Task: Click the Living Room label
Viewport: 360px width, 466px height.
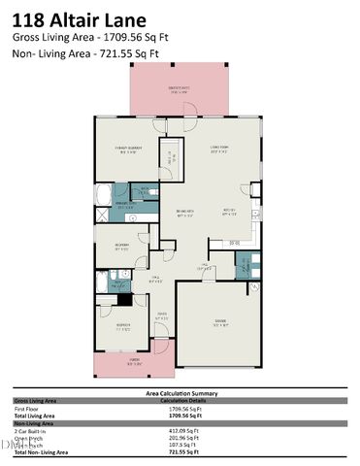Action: click(218, 150)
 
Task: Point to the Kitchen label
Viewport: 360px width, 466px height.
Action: click(230, 212)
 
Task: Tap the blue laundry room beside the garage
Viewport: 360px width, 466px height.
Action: click(249, 265)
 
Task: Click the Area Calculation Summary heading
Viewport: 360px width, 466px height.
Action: click(179, 393)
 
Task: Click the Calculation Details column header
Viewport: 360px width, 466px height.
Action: click(184, 400)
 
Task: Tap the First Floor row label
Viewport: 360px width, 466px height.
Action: click(29, 408)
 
